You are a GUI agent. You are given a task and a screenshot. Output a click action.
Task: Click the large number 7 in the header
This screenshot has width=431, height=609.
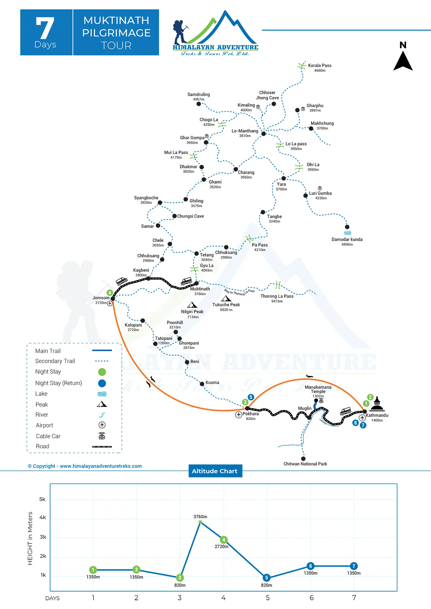click(x=45, y=28)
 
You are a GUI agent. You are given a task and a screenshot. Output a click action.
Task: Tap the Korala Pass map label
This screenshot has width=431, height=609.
click(x=320, y=66)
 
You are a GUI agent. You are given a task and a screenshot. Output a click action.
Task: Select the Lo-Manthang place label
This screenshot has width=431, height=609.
click(x=245, y=131)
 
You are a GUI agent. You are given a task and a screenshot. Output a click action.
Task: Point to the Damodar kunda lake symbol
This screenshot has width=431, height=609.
click(x=347, y=233)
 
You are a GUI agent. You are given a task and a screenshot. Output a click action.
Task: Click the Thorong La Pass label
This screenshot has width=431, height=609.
click(x=277, y=296)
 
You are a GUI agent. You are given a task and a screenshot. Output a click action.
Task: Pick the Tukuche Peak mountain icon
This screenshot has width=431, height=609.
click(x=226, y=298)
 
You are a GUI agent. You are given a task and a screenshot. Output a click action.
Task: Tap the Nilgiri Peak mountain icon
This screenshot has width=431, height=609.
click(x=192, y=305)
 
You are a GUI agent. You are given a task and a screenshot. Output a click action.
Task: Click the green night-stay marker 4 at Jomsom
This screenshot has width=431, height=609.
click(x=109, y=293)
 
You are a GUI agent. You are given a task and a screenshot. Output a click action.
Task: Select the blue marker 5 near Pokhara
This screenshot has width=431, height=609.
click(x=251, y=397)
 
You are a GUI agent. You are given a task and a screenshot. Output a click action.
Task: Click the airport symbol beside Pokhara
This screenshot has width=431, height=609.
click(x=239, y=414)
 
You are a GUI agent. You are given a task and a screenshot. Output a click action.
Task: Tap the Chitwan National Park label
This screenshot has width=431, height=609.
click(x=305, y=464)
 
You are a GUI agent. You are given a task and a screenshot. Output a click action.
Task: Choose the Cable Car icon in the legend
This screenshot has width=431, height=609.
click(x=102, y=436)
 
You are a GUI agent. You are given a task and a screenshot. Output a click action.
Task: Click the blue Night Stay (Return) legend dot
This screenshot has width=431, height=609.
click(x=102, y=383)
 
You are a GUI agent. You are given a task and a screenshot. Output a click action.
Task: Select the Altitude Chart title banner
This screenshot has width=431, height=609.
click(x=215, y=471)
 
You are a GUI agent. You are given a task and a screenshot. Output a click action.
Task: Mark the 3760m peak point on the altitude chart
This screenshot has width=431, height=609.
click(x=200, y=522)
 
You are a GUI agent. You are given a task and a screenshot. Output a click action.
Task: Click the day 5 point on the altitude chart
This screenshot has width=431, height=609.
click(x=266, y=578)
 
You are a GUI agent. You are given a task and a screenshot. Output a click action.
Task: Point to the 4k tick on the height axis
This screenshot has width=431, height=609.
click(x=43, y=518)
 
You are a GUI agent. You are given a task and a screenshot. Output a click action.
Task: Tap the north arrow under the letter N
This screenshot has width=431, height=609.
click(x=403, y=62)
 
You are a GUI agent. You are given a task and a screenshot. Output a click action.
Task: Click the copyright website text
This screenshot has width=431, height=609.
click(x=85, y=466)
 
